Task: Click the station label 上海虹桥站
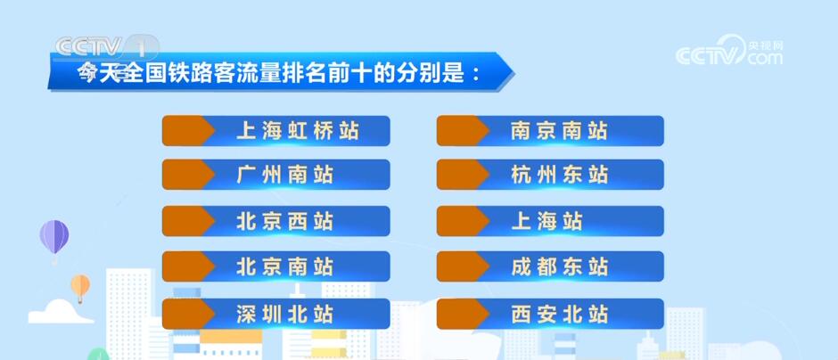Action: click(298, 131)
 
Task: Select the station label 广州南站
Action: click(285, 175)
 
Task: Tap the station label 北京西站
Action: click(285, 221)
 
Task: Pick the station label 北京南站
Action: click(285, 266)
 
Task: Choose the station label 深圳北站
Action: click(285, 314)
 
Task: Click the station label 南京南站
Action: click(560, 131)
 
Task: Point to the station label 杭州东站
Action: click(560, 175)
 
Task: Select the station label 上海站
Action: click(547, 221)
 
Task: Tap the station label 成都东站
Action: click(560, 266)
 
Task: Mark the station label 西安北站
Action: click(560, 314)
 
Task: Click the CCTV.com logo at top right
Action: click(728, 53)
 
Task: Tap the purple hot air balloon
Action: click(54, 237)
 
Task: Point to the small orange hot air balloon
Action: click(80, 286)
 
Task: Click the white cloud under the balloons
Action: click(60, 312)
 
